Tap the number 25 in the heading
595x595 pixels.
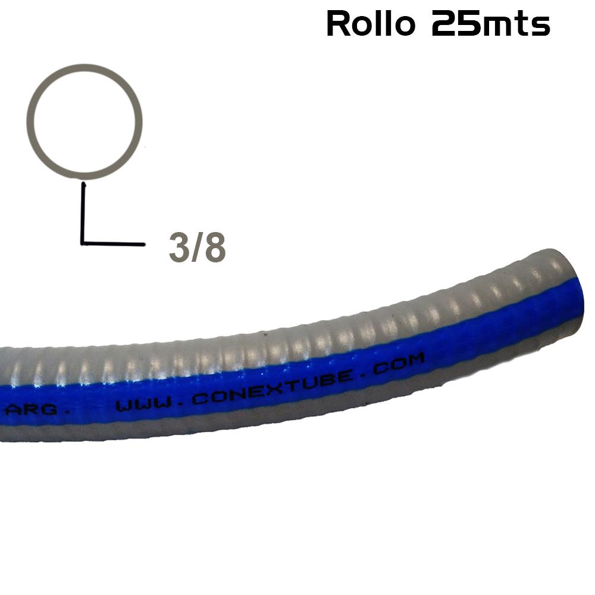[456, 24]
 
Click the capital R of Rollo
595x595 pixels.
[337, 24]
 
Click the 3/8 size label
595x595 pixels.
[197, 249]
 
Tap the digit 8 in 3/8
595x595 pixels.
[215, 249]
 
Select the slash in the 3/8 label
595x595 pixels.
[197, 249]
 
